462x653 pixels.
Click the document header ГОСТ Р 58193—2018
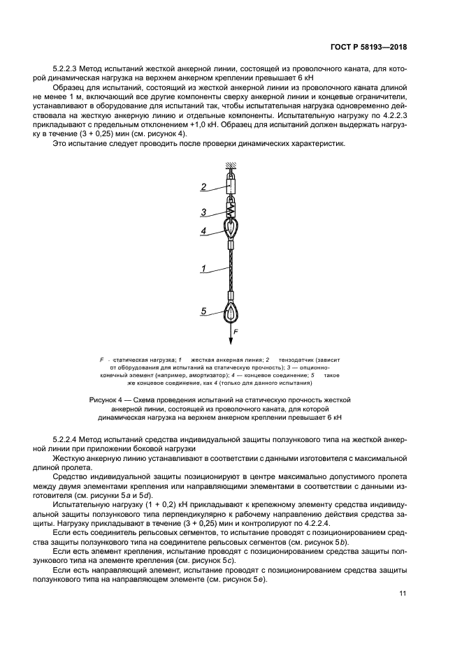369,47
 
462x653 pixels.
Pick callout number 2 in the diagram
203,187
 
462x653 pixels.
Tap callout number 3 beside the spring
203,212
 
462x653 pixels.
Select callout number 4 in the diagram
203,230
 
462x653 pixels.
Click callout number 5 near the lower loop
203,312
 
